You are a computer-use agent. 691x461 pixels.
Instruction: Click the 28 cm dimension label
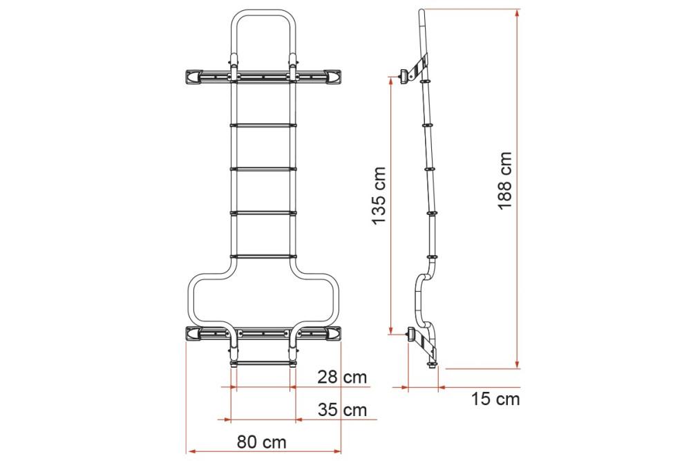tap(342, 377)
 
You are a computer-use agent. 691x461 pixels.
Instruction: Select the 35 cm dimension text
tap(342, 409)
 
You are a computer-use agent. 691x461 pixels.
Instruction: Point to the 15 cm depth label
tap(495, 399)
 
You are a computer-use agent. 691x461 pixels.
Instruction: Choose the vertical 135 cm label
tap(379, 196)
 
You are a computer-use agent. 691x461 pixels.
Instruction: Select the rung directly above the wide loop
tap(263, 256)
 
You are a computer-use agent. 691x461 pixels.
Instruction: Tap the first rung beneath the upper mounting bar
tap(263, 125)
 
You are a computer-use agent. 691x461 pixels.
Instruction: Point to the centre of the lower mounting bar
tap(263, 334)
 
